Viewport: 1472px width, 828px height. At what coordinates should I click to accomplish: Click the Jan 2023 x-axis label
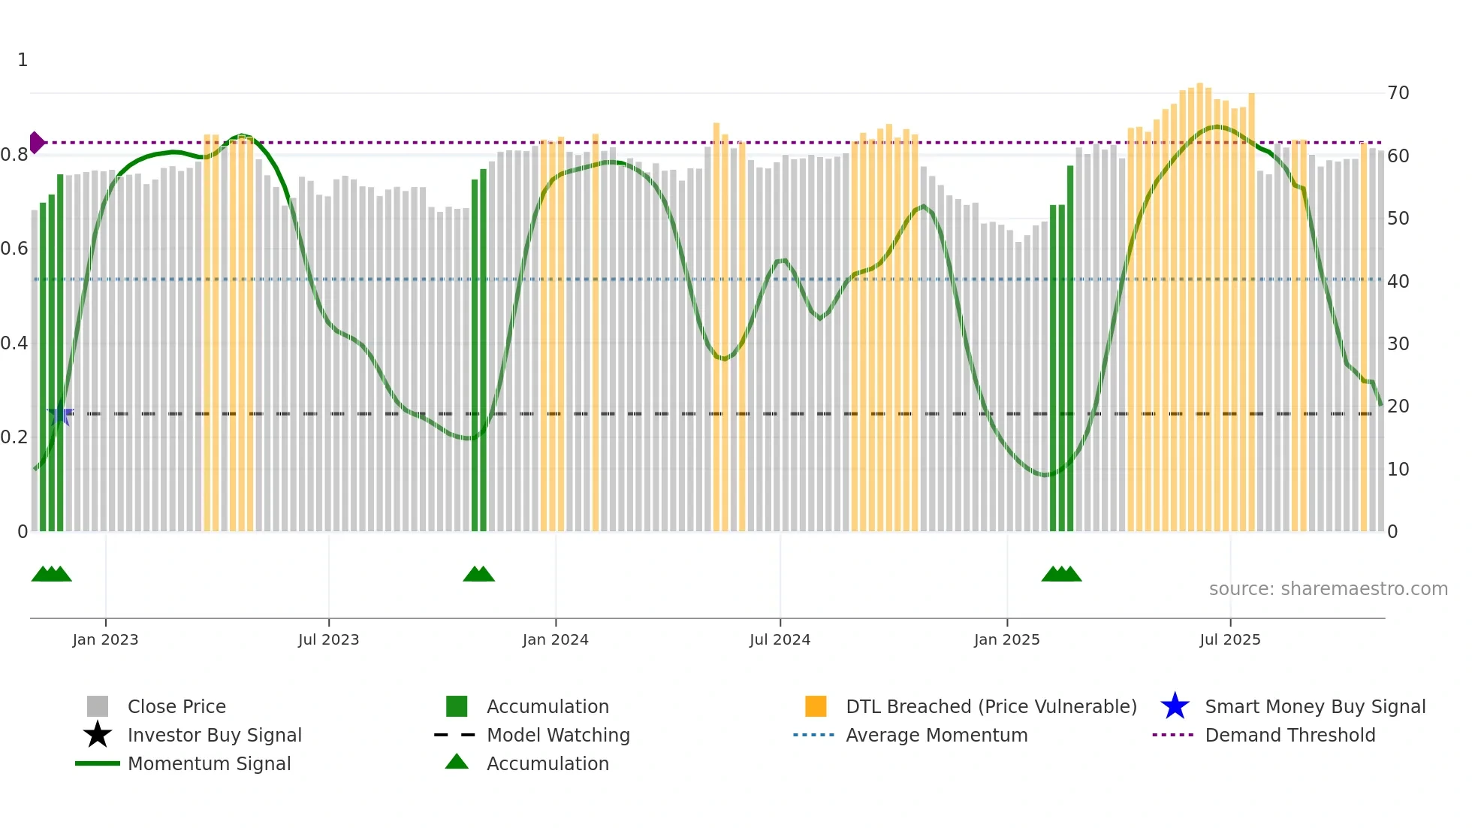(105, 639)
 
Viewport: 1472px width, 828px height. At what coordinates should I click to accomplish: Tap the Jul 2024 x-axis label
(780, 639)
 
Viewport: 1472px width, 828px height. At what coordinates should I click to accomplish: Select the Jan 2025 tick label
(1006, 639)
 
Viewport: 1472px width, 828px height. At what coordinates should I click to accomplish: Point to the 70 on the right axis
(1398, 93)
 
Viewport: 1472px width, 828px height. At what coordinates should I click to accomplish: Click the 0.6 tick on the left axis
(14, 249)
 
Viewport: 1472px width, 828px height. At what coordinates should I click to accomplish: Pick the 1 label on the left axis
(23, 60)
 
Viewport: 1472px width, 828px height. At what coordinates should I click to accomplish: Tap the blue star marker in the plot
(60, 414)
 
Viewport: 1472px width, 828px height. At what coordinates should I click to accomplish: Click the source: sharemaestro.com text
(1328, 589)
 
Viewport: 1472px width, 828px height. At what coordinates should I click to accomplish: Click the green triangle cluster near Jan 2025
(1060, 575)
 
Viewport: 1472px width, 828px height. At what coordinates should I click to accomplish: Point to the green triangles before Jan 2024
(478, 575)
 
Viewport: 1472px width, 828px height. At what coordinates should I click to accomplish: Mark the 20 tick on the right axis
(1398, 406)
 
